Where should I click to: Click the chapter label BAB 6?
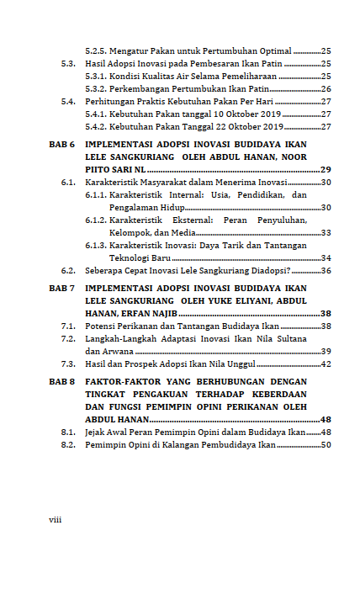coord(62,145)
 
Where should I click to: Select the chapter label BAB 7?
coord(62,288)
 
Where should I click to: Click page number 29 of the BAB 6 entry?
coord(326,169)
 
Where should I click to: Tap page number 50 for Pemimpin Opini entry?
coord(326,444)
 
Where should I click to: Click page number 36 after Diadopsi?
coord(326,271)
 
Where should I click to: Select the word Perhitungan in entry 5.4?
coord(112,101)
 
